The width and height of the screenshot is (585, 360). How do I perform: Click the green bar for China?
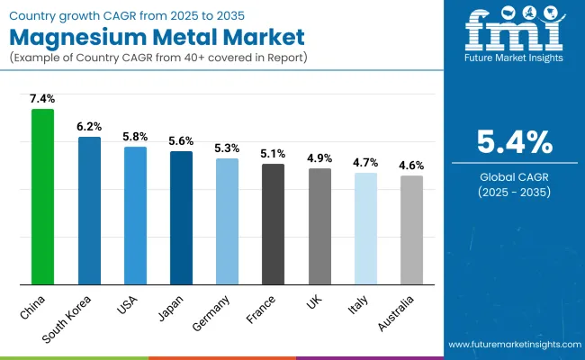(x=42, y=196)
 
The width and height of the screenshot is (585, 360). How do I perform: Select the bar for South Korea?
(x=89, y=211)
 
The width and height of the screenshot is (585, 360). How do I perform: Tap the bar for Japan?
(x=181, y=218)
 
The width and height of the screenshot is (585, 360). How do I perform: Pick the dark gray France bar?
(x=273, y=224)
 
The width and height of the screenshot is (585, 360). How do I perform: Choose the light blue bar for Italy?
(x=365, y=229)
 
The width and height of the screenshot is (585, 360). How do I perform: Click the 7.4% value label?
(x=42, y=98)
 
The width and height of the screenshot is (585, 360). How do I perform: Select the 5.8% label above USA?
(x=135, y=136)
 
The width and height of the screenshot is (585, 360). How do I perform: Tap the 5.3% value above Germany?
(x=227, y=148)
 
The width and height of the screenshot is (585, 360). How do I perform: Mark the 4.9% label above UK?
(x=319, y=157)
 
